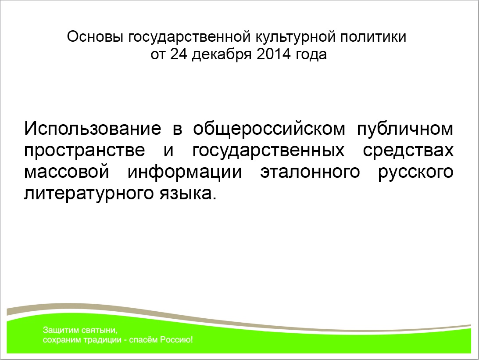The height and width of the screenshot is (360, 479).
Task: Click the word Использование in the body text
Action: coord(93,128)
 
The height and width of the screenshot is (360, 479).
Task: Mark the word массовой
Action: coord(67,172)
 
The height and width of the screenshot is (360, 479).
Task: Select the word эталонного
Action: coord(310,172)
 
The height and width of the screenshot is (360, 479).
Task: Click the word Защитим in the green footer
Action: coord(61,330)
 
